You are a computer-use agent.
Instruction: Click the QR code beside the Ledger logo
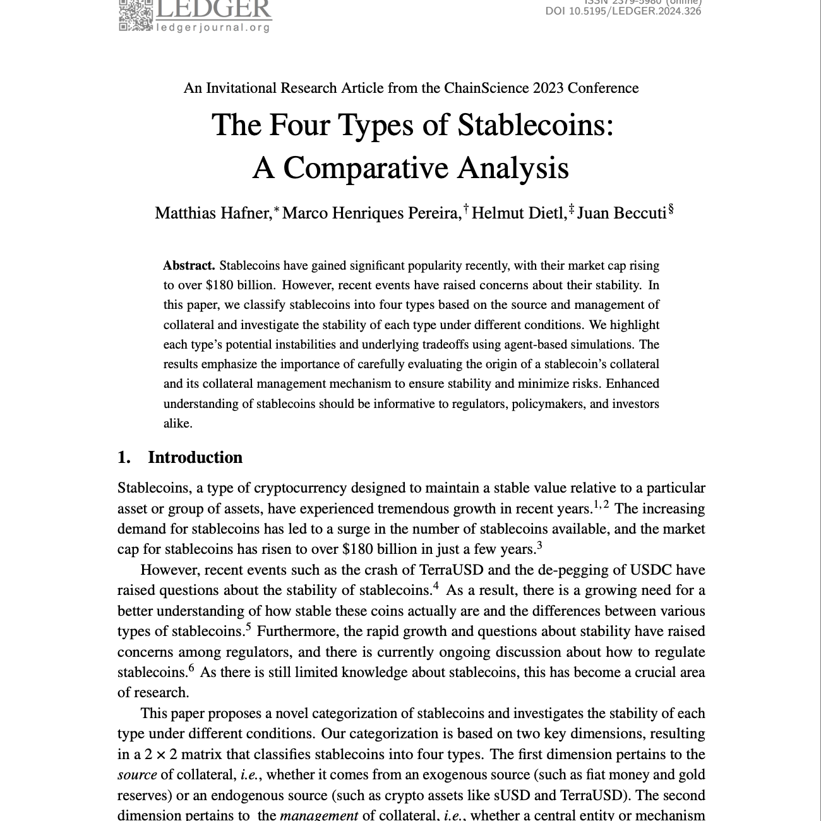click(x=135, y=15)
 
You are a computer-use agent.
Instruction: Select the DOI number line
click(x=623, y=11)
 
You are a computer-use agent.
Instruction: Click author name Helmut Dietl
click(x=519, y=213)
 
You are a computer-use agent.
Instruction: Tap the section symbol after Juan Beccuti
click(x=671, y=209)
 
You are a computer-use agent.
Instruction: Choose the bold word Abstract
click(x=189, y=265)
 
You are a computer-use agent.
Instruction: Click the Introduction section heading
click(x=195, y=457)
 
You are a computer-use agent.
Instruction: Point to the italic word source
click(x=137, y=775)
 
